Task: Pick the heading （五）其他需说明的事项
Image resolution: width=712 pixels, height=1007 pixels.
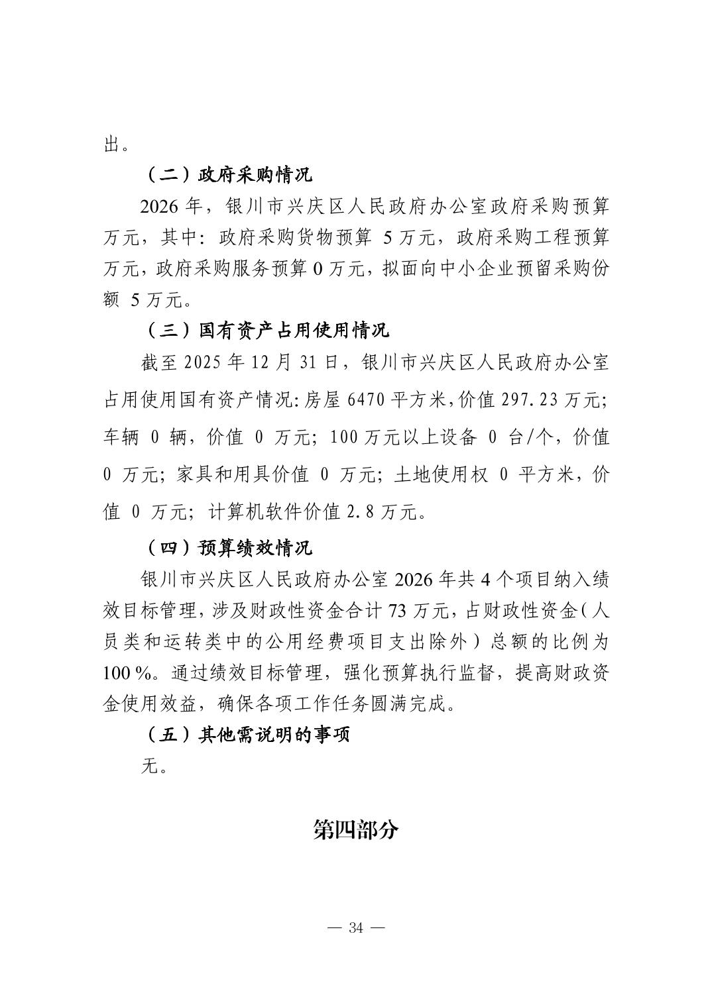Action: point(246,735)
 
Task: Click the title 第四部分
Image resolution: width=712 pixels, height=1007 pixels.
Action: point(356,829)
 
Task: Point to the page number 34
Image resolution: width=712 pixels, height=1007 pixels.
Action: point(356,927)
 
